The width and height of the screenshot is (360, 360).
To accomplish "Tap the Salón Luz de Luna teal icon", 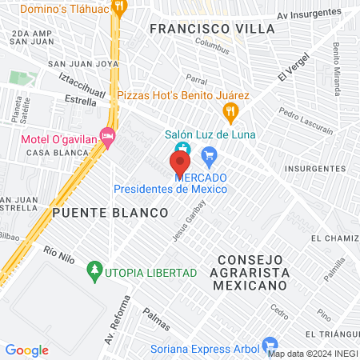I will pyautogui.click(x=182, y=148).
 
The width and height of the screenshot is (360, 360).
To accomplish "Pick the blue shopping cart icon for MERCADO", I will pyautogui.click(x=210, y=155).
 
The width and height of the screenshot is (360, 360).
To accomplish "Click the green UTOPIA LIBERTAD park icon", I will pyautogui.click(x=95, y=271).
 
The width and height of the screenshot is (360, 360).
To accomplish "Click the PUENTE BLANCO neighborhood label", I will pyautogui.click(x=110, y=214).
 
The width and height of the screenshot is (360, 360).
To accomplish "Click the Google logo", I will pyautogui.click(x=26, y=350).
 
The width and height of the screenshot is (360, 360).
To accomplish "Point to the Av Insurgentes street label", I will pyautogui.click(x=308, y=15).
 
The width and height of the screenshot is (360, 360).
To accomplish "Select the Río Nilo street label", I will pyautogui.click(x=58, y=254).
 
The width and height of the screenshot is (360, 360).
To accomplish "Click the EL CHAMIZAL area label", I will pyautogui.click(x=336, y=238).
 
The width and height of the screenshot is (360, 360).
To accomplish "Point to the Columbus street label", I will pyautogui.click(x=211, y=49).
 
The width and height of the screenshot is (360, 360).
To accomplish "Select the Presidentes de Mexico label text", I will pyautogui.click(x=170, y=189).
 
